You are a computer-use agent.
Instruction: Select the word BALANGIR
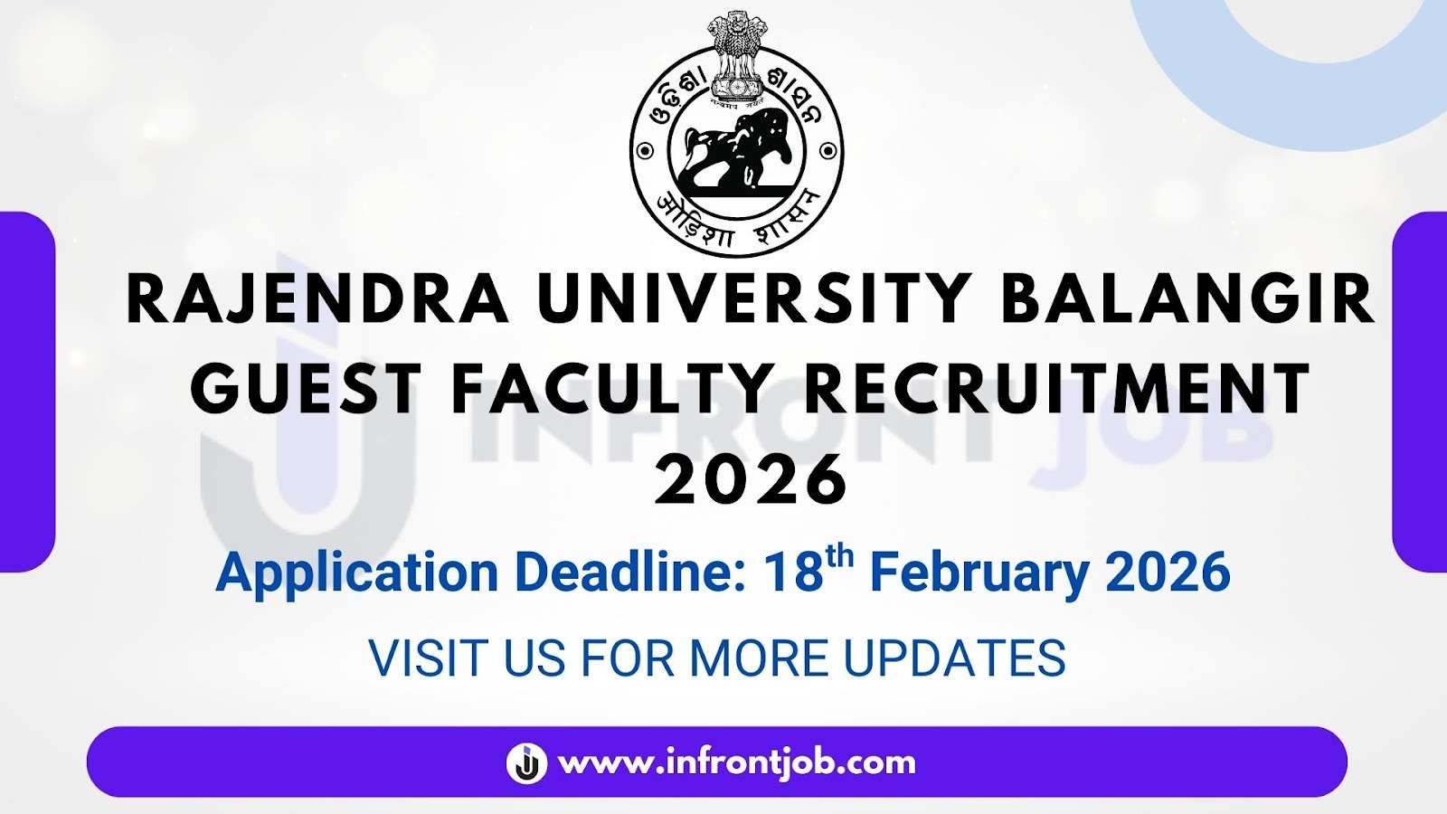click(1187, 300)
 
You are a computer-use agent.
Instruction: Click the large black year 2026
click(751, 479)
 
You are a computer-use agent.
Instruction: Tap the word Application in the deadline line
click(357, 573)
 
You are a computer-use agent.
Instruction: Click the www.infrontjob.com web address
click(737, 762)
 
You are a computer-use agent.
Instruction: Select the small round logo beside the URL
click(526, 762)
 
